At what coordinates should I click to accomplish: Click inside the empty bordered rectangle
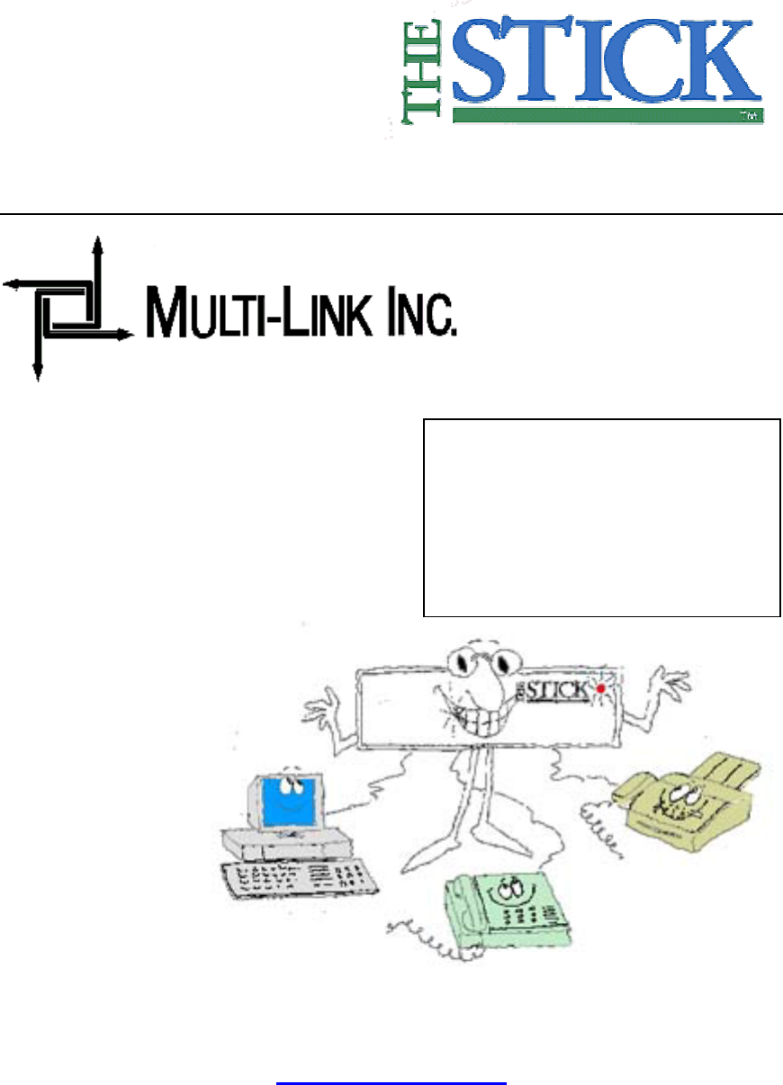[600, 516]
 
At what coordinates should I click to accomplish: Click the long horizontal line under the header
[391, 214]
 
